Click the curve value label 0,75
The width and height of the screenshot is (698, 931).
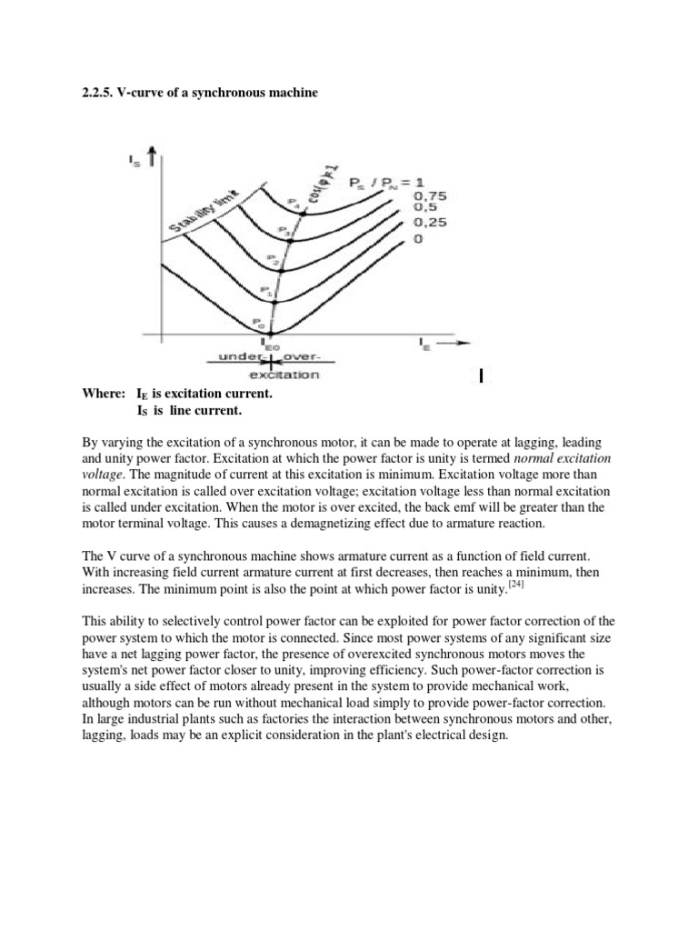pyautogui.click(x=431, y=195)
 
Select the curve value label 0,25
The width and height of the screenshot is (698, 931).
pyautogui.click(x=431, y=223)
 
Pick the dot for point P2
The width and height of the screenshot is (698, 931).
pyautogui.click(x=282, y=270)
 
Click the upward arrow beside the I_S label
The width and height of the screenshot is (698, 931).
pyautogui.click(x=160, y=159)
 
